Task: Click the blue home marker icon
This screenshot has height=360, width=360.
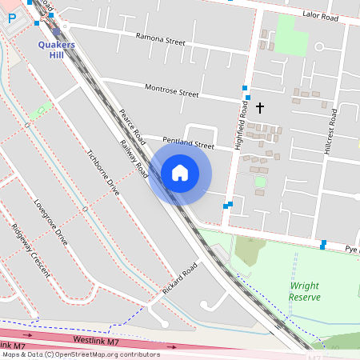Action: click(x=180, y=173)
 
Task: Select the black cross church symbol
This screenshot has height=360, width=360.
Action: click(x=258, y=106)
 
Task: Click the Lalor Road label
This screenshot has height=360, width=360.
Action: click(x=321, y=14)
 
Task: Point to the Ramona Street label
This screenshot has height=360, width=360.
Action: click(x=160, y=39)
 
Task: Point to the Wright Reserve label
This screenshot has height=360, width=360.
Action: click(x=305, y=291)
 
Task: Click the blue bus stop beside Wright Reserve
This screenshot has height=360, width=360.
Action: click(x=323, y=243)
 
